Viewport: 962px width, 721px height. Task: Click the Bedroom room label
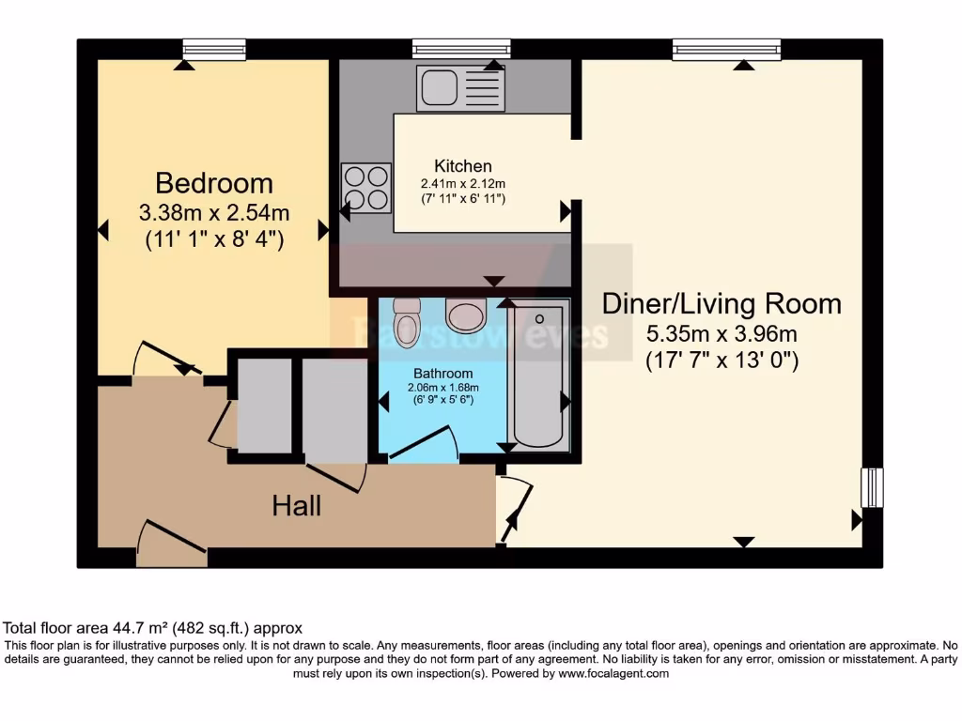click(214, 182)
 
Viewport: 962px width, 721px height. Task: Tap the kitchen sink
click(461, 87)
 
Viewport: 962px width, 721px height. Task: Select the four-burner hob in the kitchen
click(366, 188)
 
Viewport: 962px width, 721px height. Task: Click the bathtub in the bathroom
click(538, 376)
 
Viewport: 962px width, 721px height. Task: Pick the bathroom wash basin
click(465, 315)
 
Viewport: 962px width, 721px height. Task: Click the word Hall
click(297, 506)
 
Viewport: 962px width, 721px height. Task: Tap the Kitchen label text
click(463, 166)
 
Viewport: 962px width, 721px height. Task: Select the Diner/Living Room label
click(721, 303)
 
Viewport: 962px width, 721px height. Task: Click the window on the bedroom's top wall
click(214, 48)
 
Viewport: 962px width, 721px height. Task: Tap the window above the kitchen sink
click(461, 48)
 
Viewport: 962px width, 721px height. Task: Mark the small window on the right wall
click(873, 487)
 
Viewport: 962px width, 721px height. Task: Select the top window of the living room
click(726, 48)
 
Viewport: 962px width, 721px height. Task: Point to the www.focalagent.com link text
click(613, 673)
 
